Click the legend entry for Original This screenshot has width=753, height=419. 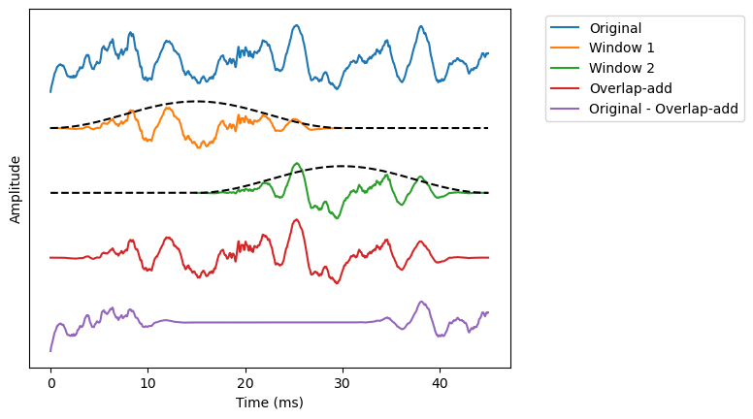(614, 28)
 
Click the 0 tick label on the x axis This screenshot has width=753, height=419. (50, 384)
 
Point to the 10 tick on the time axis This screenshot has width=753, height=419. (147, 384)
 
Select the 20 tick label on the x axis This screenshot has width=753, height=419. (245, 384)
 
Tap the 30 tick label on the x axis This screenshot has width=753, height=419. (343, 384)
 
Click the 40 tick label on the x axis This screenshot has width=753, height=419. (440, 384)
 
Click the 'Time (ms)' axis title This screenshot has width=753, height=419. (269, 403)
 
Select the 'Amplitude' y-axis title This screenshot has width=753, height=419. (16, 190)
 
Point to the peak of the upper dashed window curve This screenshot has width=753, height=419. (196, 101)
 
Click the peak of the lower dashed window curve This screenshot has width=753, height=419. (342, 166)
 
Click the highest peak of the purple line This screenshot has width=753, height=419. (421, 302)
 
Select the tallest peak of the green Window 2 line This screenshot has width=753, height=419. (296, 163)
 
